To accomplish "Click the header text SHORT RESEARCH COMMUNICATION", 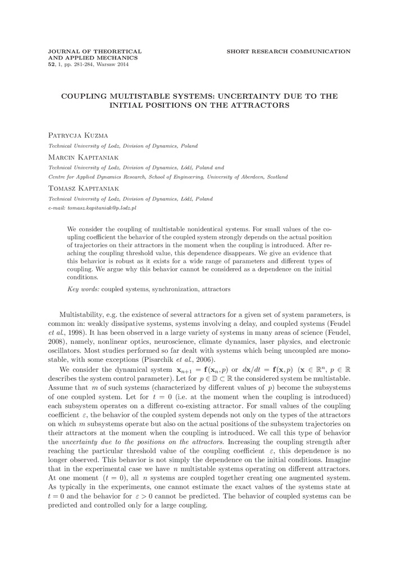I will point(289,51).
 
